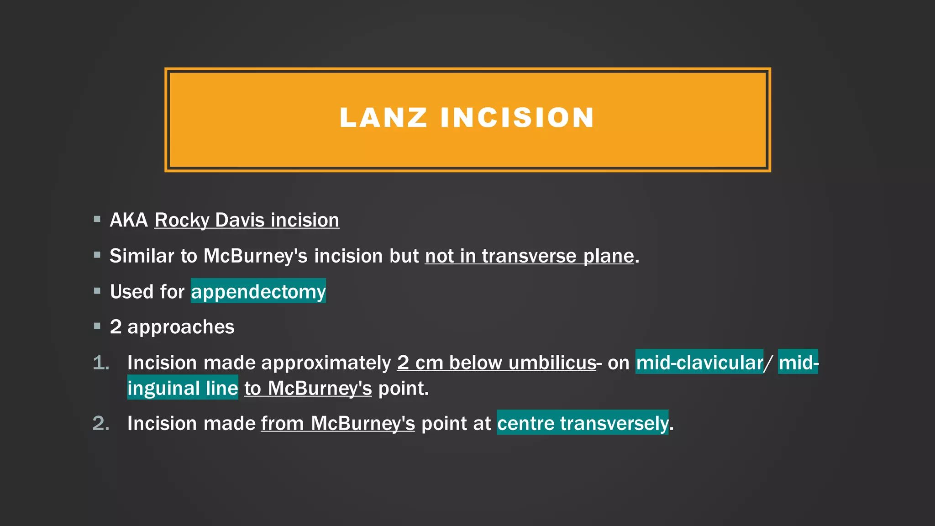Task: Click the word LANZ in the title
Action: (x=383, y=118)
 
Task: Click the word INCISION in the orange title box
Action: (x=517, y=118)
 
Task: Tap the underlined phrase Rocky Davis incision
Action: (x=247, y=220)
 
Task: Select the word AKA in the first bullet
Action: (x=129, y=220)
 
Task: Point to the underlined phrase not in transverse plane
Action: (x=529, y=256)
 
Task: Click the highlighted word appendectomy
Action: (x=258, y=291)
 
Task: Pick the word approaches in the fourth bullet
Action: (x=181, y=327)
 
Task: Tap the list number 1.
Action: (x=101, y=363)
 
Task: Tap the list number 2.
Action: (x=101, y=423)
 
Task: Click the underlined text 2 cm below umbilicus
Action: (x=496, y=363)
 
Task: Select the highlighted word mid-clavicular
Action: (x=699, y=363)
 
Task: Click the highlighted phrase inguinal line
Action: (x=183, y=388)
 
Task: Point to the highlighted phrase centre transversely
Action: (x=582, y=423)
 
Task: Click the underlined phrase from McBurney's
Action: (x=338, y=423)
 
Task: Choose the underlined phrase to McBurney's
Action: (x=308, y=388)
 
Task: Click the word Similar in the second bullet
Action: (x=142, y=256)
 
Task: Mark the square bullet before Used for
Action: (x=97, y=291)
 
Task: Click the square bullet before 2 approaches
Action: (x=97, y=326)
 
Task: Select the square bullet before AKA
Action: (x=97, y=219)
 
